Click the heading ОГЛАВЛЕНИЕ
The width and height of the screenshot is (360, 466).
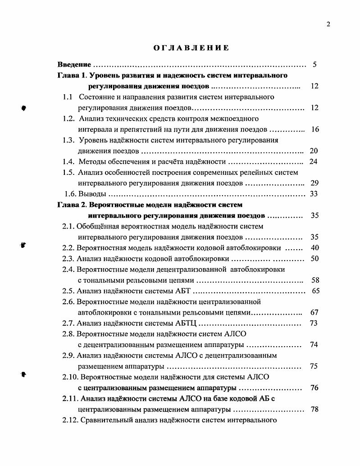(x=191, y=47)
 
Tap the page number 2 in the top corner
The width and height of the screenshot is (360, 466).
(x=328, y=24)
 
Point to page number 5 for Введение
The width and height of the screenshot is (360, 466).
(x=314, y=65)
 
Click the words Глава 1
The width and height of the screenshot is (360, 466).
(x=71, y=75)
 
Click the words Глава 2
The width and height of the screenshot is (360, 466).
(x=71, y=205)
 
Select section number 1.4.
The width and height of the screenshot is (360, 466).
(x=68, y=162)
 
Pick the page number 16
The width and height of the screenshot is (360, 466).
(x=315, y=129)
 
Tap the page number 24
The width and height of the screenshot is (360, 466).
(x=314, y=162)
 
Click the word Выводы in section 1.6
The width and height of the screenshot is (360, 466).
(x=92, y=194)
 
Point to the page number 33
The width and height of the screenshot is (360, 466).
(x=314, y=194)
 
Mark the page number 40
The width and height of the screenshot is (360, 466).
(x=315, y=248)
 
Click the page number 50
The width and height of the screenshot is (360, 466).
(x=315, y=259)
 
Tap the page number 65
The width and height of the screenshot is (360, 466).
(x=315, y=291)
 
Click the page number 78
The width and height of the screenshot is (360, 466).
(x=315, y=409)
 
